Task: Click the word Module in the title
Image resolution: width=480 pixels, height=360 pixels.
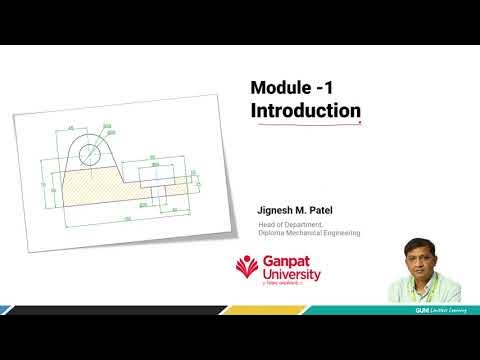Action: tap(280, 88)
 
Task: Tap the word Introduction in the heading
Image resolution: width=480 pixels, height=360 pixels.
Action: tap(305, 110)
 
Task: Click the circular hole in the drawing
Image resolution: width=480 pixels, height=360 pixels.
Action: tap(90, 154)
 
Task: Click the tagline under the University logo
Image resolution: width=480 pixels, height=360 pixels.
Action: tap(285, 286)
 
